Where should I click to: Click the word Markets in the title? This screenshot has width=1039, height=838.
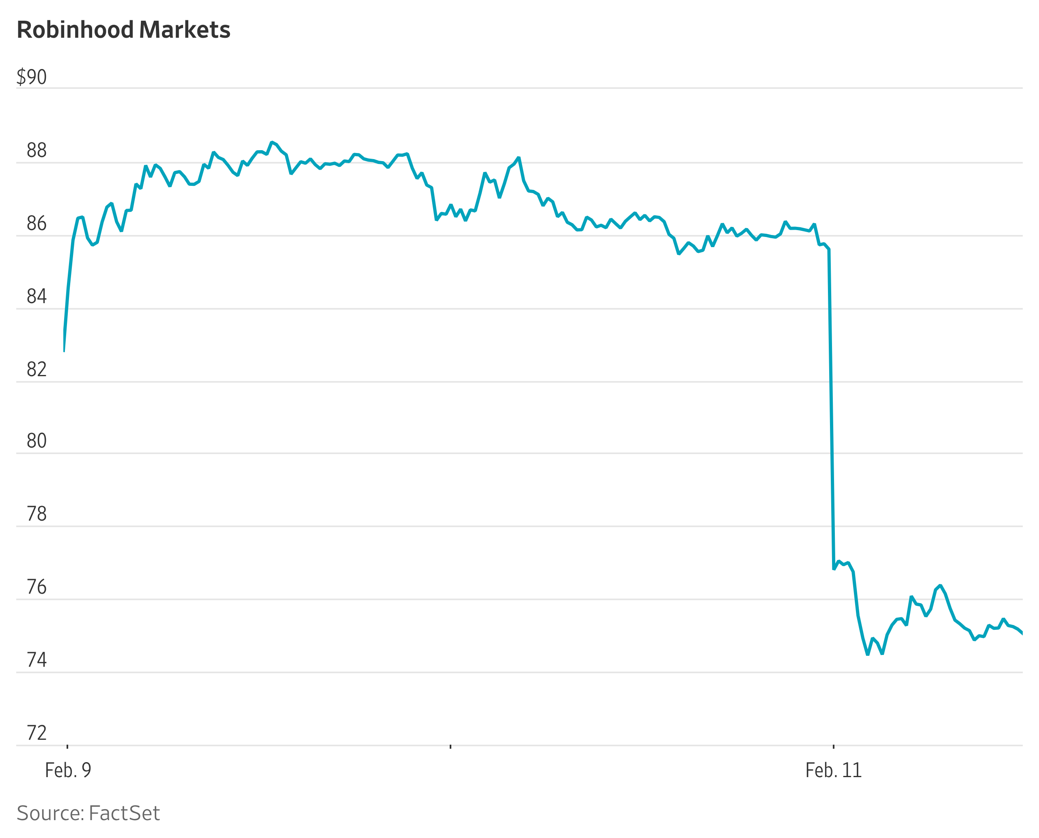pos(185,30)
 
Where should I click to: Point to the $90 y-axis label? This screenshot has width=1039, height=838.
pos(32,77)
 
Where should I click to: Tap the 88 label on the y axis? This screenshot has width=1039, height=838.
pos(37,151)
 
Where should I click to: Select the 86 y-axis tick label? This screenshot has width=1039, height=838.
pos(37,224)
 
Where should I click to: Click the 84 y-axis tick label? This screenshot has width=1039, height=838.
pos(37,296)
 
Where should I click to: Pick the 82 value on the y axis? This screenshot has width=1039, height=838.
pos(37,370)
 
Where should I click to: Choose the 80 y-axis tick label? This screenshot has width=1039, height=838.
pos(37,441)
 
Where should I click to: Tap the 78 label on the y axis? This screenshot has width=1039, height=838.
pos(37,515)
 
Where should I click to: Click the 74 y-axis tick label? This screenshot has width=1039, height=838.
pos(37,660)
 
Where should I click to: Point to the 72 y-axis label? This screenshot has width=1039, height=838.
pos(37,733)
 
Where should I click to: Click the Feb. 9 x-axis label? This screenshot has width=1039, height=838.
pos(68,770)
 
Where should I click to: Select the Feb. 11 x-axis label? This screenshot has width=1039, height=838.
pos(834,770)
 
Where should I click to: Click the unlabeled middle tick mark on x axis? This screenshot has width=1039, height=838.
pos(451,747)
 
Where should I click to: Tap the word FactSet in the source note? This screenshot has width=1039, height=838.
pos(124,813)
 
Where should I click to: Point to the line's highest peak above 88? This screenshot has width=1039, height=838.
pos(272,142)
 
